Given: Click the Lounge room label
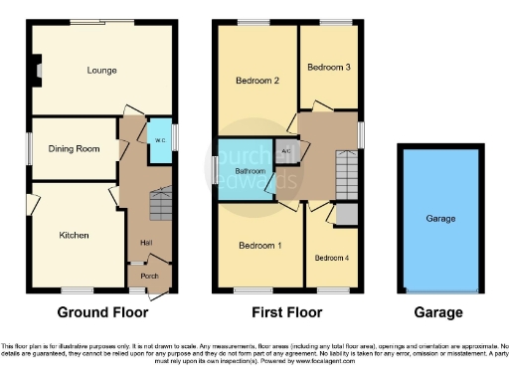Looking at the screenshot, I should pos(102,71).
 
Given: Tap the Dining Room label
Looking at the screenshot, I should pos(76,149).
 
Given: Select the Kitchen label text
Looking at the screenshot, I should pos(75,236).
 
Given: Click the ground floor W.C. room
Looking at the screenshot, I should pos(158,140).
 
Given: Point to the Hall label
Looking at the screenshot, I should pos(146,243).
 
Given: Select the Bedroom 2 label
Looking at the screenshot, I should pos(255,81).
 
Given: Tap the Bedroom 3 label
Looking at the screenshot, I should pos(328,68).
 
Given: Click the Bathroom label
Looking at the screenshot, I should pos(249,171).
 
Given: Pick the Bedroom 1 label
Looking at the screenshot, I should pos(257,245).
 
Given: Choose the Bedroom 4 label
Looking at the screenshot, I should pos(331,258).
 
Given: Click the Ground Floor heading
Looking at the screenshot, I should pos(102,312).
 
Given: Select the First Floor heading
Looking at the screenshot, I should pos(285,312).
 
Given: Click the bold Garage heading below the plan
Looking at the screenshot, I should pos(438,312).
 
